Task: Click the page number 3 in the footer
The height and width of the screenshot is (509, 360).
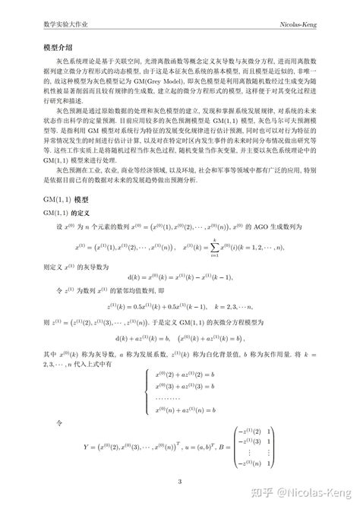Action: click(180, 481)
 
